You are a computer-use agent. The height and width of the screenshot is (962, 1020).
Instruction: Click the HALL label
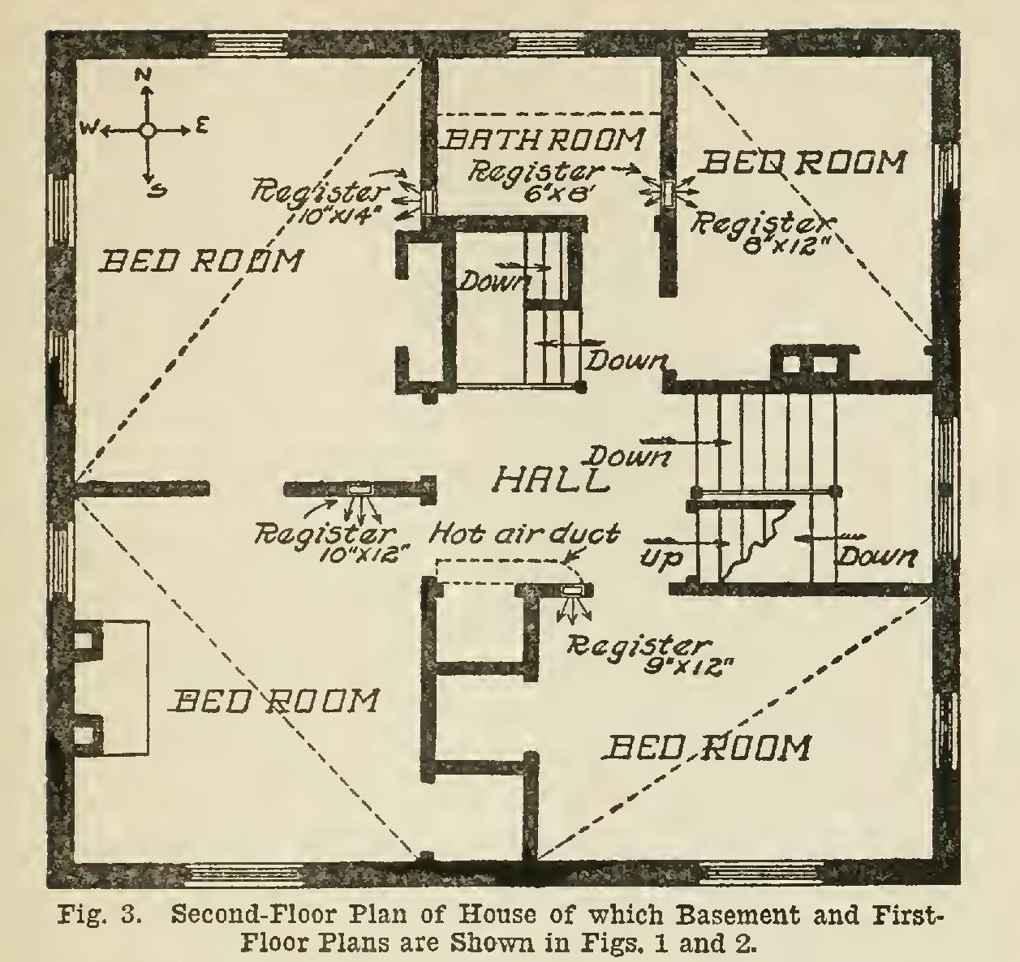551,479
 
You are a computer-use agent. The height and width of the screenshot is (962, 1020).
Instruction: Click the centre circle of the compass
146,129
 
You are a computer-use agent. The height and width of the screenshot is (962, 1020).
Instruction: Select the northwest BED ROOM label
200,261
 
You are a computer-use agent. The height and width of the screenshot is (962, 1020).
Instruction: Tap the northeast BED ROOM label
802,163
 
